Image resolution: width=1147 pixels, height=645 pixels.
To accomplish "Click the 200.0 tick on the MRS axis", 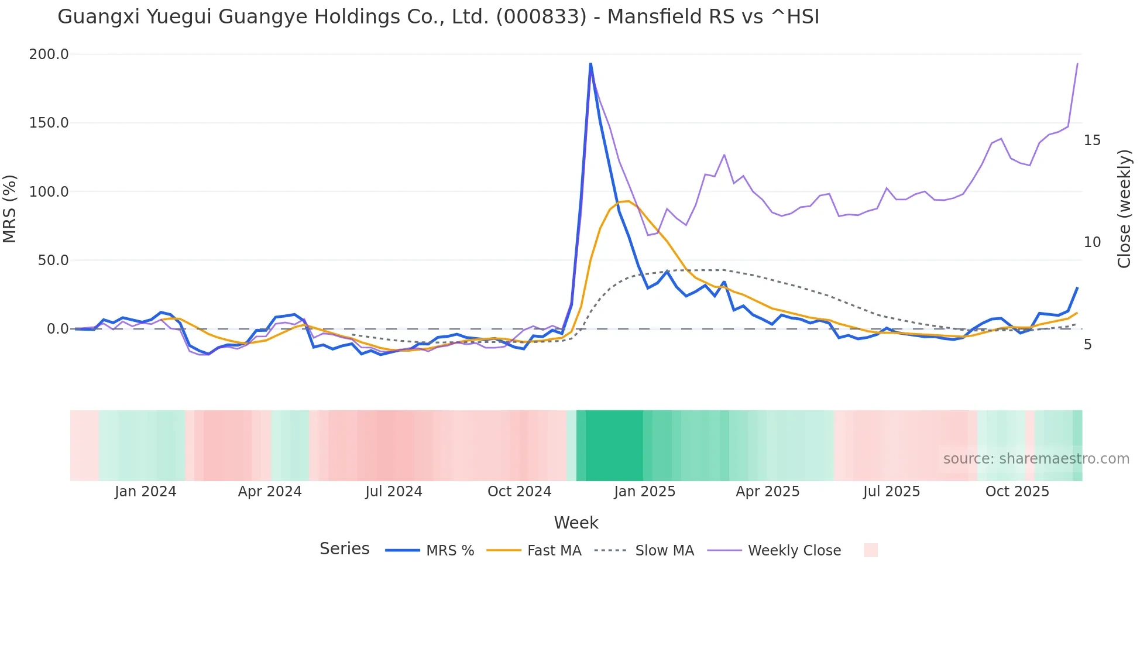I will pyautogui.click(x=49, y=54).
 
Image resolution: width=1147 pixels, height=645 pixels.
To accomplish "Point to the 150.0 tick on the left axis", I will pyautogui.click(x=49, y=123).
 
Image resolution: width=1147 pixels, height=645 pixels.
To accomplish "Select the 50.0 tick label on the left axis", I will pyautogui.click(x=53, y=260).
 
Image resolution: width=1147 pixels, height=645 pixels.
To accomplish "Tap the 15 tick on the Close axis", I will pyautogui.click(x=1092, y=140).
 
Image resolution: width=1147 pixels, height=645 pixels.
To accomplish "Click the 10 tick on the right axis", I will pyautogui.click(x=1092, y=242).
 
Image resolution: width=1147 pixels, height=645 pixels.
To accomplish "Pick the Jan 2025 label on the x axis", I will pyautogui.click(x=644, y=492).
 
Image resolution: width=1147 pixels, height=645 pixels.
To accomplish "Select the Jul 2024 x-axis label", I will pyautogui.click(x=394, y=492).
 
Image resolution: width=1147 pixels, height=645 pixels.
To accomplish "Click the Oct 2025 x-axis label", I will pyautogui.click(x=1017, y=492).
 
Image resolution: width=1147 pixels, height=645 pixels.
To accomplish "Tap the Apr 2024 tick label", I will pyautogui.click(x=270, y=492).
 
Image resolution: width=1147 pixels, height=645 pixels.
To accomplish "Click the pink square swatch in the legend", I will pyautogui.click(x=870, y=551).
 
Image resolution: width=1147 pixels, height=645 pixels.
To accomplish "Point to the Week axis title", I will pyautogui.click(x=576, y=523).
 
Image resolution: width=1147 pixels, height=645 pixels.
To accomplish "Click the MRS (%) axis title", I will pyautogui.click(x=10, y=209).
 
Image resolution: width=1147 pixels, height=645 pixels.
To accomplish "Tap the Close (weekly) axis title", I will pyautogui.click(x=1124, y=209).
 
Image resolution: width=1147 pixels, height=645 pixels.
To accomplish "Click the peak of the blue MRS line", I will pyautogui.click(x=590, y=64).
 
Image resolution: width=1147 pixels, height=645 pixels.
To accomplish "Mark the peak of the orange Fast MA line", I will pyautogui.click(x=627, y=201).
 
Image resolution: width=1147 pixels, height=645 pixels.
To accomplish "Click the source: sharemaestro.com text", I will pyautogui.click(x=1036, y=459).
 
